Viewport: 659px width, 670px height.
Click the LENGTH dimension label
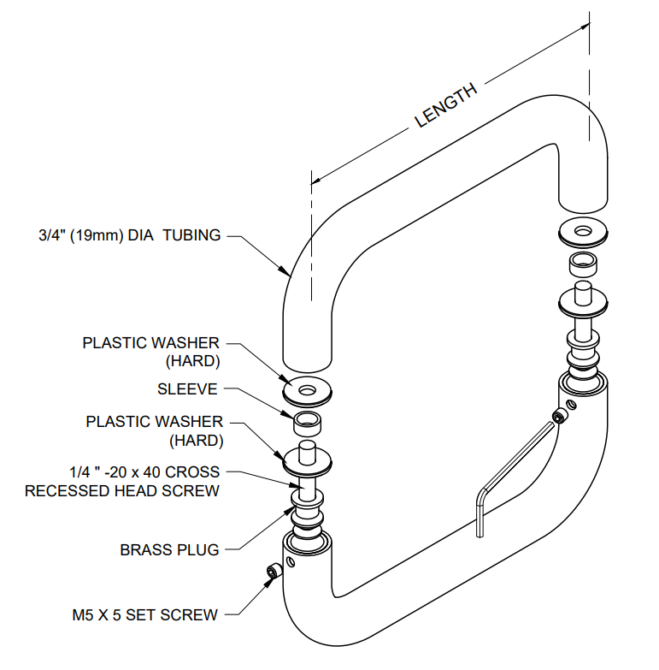445,108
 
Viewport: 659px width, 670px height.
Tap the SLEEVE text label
187,389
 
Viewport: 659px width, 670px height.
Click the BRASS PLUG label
169,550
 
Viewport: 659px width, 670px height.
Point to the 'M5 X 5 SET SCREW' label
144,615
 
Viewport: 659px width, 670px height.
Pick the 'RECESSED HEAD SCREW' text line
121,491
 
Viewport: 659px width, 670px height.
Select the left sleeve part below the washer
309,421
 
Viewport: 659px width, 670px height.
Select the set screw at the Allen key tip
560,418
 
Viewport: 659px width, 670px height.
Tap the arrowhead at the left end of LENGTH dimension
315,181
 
